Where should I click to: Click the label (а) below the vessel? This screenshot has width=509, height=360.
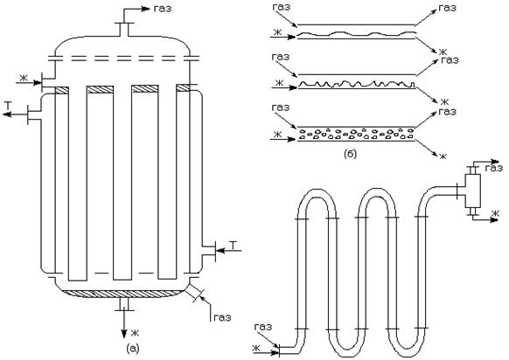[132, 349]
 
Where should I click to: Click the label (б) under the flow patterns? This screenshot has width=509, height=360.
[350, 154]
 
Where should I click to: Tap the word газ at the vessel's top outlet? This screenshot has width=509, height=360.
[163, 9]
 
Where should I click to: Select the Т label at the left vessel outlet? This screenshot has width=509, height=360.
[8, 105]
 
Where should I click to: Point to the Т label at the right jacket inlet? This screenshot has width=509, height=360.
[234, 245]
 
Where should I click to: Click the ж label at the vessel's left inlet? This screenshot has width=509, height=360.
[23, 78]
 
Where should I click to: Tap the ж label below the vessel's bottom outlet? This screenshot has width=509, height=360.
[135, 333]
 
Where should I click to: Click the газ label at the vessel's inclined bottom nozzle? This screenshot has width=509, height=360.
[222, 317]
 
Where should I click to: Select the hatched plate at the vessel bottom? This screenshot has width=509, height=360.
[122, 294]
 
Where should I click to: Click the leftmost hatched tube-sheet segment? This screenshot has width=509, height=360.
[62, 89]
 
